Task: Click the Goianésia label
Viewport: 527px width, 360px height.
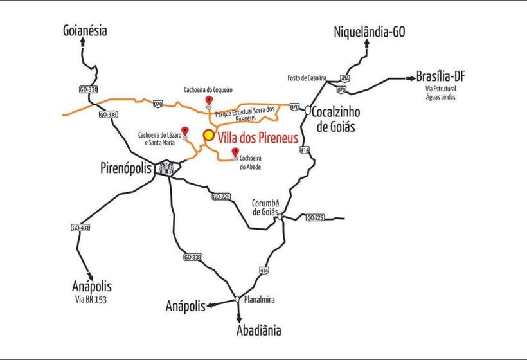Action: click(x=85, y=30)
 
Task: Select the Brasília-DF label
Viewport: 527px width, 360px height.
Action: click(x=440, y=76)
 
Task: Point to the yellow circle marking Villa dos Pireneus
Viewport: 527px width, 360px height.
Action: click(x=209, y=136)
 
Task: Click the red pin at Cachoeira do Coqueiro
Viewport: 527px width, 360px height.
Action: click(x=209, y=100)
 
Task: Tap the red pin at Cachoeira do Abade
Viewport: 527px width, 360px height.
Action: click(x=235, y=151)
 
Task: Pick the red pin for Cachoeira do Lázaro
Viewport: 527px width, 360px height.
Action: click(x=185, y=130)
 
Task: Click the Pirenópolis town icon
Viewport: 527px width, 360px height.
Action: click(x=167, y=169)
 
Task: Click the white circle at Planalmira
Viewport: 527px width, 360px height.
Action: click(x=237, y=299)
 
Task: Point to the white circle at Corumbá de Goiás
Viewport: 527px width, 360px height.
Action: click(x=280, y=217)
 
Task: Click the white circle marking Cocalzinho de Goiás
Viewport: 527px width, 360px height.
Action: click(x=308, y=111)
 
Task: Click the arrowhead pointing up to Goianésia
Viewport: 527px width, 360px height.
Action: click(x=83, y=42)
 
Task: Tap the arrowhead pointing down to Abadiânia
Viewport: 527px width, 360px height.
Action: click(x=239, y=318)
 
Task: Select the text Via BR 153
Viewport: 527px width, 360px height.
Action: click(x=90, y=300)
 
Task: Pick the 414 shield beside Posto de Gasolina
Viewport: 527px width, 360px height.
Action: click(x=346, y=79)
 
